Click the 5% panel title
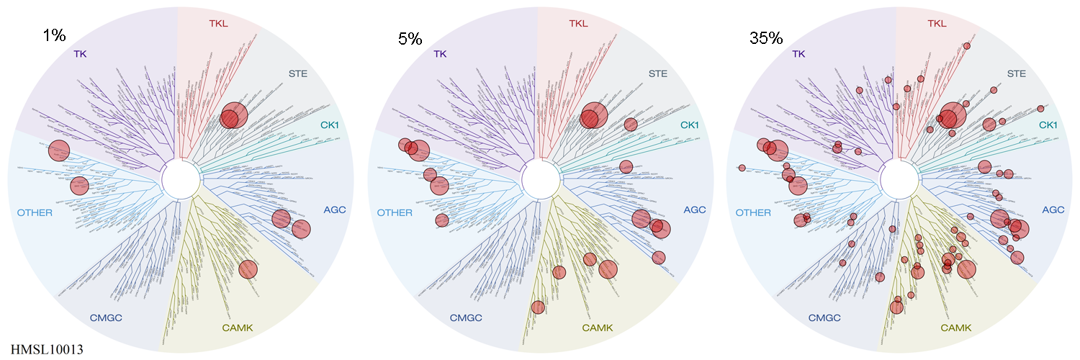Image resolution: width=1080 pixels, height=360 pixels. point(410,39)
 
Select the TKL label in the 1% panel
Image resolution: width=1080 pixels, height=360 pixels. point(218,23)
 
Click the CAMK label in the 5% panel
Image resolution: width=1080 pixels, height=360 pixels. point(597,328)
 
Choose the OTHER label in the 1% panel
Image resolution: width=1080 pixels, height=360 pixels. point(35,212)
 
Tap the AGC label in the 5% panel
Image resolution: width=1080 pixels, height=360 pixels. point(694,210)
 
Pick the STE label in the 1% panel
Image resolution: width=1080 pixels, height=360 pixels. point(297,73)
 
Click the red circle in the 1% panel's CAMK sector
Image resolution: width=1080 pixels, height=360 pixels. point(247,269)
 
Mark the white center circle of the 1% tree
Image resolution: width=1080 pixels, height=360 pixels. point(180,180)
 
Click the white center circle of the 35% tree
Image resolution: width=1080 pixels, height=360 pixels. point(897,180)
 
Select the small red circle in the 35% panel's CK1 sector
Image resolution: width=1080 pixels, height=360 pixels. point(1040,109)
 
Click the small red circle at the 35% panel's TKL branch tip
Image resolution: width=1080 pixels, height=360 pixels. point(967,46)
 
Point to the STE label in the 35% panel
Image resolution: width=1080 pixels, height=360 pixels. point(1015,73)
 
